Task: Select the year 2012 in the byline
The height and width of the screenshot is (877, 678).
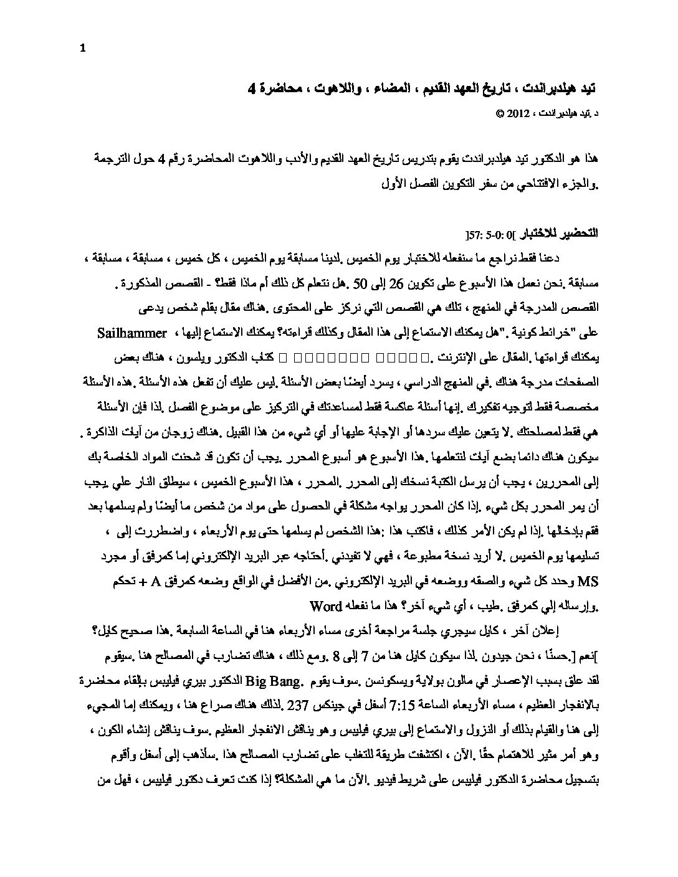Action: [518, 114]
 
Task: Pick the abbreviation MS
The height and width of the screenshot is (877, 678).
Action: [588, 583]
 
